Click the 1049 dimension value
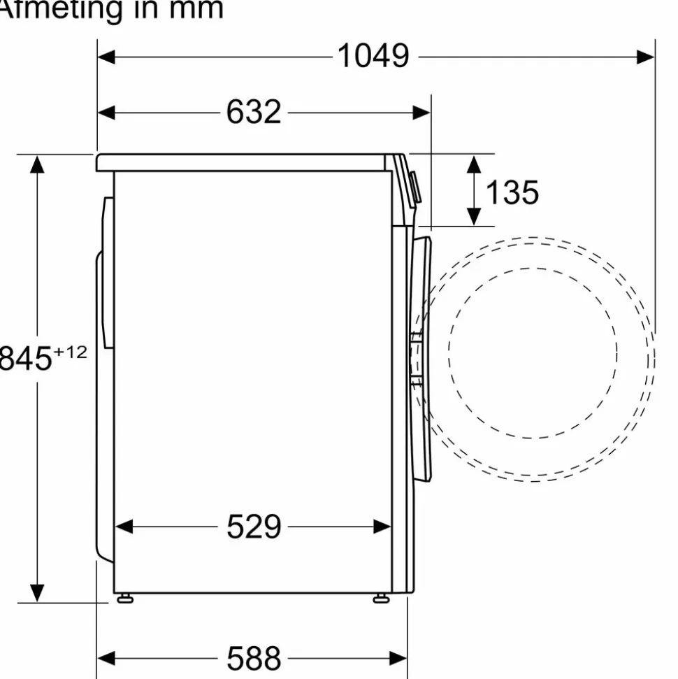pos(373,56)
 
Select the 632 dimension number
pos(254,112)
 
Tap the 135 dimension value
pos(512,192)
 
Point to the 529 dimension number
pos(254,527)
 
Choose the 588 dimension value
pos(254,659)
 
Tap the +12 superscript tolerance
pos(70,352)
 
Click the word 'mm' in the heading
pos(196,8)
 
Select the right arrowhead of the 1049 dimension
pos(646,57)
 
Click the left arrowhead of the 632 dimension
pos(106,113)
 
